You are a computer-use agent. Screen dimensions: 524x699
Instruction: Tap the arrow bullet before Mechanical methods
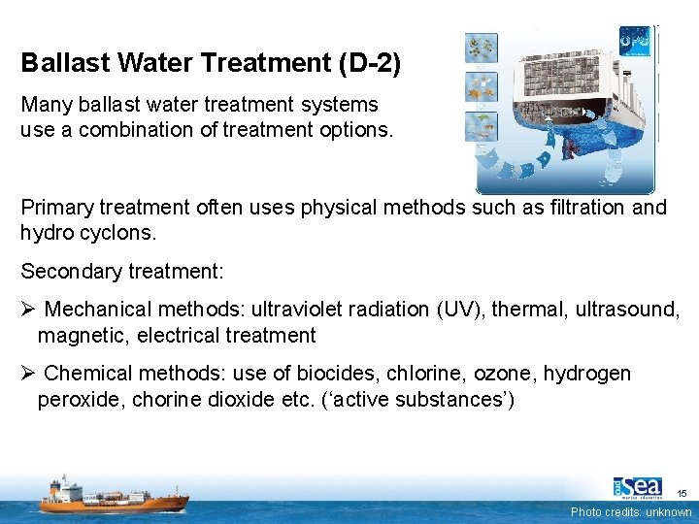(x=28, y=310)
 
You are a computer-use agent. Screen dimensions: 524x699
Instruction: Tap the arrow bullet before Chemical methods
(x=28, y=374)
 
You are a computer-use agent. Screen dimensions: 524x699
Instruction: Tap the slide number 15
(x=681, y=493)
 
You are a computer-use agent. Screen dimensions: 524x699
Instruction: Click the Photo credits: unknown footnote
(x=631, y=511)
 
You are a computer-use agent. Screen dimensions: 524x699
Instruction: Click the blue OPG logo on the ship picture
(x=637, y=42)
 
